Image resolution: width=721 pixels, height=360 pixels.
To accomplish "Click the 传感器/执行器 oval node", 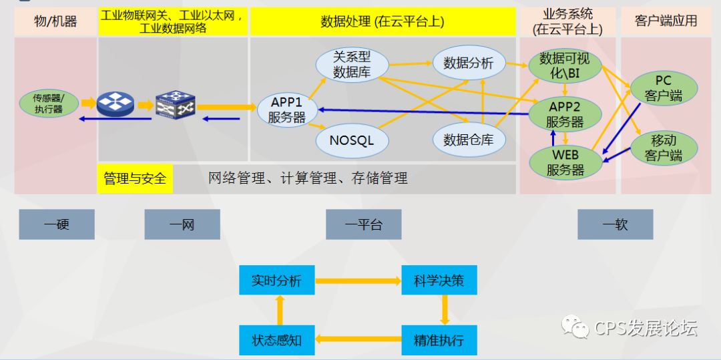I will point(49,104).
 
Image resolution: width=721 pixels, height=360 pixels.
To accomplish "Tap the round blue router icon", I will point(115,104).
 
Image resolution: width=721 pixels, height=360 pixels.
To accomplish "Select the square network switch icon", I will point(175,104).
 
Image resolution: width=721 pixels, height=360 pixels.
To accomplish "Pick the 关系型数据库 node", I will point(351,63).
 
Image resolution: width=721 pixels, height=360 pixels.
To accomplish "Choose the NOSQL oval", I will point(351,140).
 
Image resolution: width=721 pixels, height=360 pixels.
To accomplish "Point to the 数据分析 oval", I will point(468,63).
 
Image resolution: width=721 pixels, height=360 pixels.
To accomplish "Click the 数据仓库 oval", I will point(468,140).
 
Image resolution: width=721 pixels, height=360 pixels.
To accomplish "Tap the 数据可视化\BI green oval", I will point(565,65).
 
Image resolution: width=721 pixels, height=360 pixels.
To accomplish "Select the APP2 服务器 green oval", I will point(565,114).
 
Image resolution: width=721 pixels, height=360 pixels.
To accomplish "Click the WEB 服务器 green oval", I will point(565,162).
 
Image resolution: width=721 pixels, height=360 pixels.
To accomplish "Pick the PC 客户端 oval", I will point(663,88).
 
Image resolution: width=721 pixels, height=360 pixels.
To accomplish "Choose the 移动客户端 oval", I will point(663,148).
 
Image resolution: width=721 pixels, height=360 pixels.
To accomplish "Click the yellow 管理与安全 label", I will point(135,178).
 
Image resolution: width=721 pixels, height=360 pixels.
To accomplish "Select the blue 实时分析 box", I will point(276,281).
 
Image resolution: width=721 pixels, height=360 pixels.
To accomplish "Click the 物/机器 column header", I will point(55,21).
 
